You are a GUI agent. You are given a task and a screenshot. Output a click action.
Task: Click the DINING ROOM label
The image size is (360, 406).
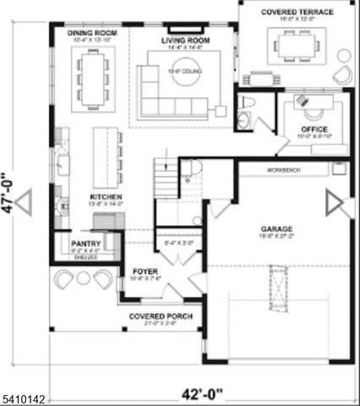[x=93, y=32]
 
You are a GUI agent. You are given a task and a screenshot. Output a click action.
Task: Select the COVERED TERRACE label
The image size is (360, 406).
[x=298, y=13]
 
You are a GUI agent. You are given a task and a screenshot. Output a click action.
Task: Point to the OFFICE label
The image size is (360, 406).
[x=314, y=129]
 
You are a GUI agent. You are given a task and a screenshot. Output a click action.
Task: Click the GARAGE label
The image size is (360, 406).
[x=276, y=228]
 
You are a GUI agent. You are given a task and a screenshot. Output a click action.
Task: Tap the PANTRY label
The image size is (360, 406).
[x=86, y=242]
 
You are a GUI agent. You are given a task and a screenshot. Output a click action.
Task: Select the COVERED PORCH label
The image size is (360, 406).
[x=161, y=316]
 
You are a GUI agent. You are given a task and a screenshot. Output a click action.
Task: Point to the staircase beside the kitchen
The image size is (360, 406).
[x=164, y=180]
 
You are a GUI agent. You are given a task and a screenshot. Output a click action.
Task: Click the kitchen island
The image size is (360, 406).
[x=106, y=156]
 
